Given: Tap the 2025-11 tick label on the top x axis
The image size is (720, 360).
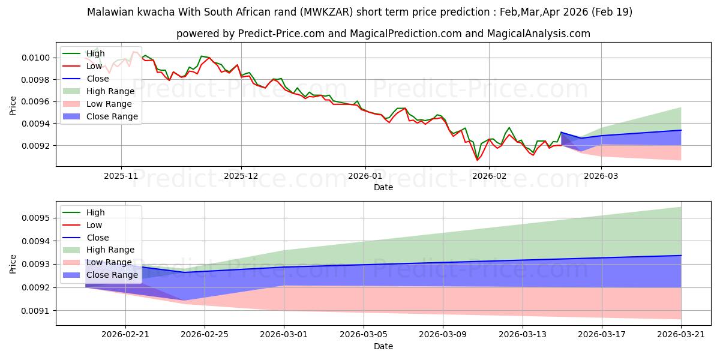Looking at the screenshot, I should pos(121,175).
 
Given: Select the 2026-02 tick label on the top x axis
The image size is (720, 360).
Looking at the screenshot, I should pos(489,175).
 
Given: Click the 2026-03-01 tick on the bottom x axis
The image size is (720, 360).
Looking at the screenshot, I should pos(284,335).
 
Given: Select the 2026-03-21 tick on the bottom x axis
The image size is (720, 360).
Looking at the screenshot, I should pos(681,335).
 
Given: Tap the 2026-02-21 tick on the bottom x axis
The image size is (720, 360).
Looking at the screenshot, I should pos(125,335).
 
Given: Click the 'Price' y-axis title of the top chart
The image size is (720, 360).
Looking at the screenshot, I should pos(13,104).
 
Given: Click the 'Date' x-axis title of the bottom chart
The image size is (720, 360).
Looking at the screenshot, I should pos(383,346).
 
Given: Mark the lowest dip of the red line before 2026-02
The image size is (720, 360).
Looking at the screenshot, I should pos(478,160).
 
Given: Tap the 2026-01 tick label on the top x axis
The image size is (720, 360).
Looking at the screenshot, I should pos(365,175).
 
